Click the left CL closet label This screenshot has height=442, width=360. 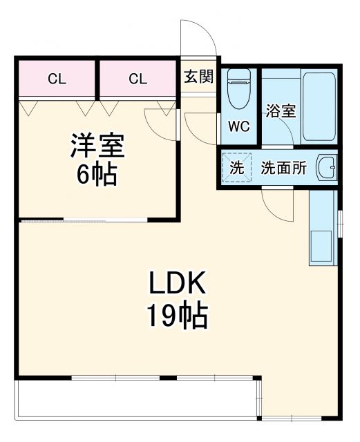[57, 78]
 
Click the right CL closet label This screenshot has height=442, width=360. [138, 78]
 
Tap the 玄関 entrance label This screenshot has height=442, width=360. [198, 76]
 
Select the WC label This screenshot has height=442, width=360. [239, 126]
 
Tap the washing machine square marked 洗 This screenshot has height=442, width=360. [236, 168]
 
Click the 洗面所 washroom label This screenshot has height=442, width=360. [283, 168]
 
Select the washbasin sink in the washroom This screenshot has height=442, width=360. [325, 167]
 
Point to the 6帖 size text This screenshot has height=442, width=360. [97, 175]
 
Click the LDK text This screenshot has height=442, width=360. [176, 284]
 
